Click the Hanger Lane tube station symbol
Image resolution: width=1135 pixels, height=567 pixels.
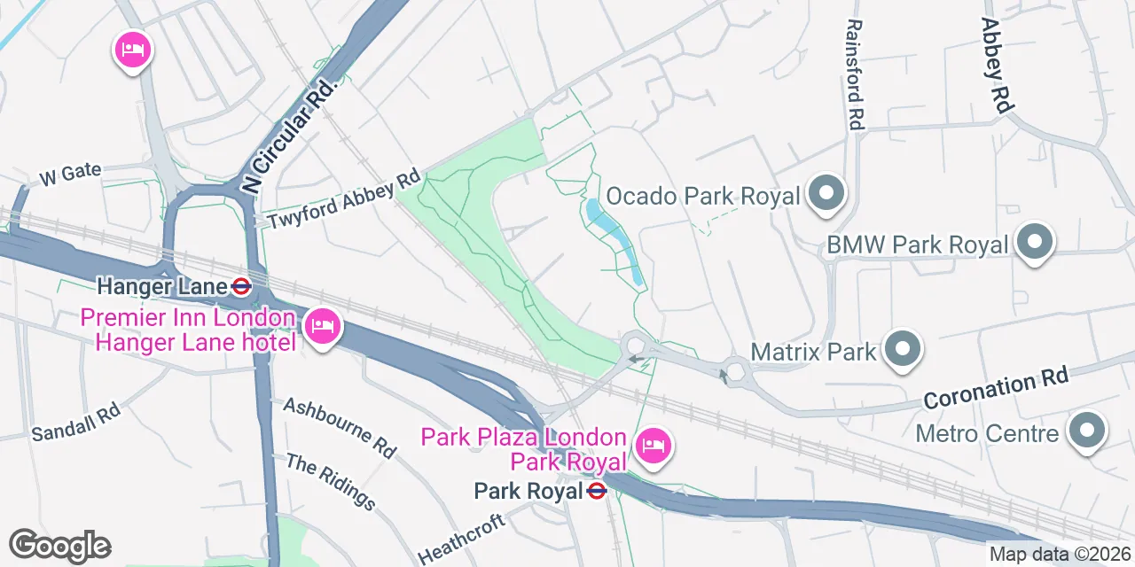point(240,286)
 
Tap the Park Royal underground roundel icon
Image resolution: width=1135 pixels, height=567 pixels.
point(597,490)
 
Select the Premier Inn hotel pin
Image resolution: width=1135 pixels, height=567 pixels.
point(321,326)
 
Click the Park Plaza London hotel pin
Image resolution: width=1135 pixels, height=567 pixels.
point(654,443)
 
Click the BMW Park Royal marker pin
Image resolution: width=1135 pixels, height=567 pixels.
point(1033,243)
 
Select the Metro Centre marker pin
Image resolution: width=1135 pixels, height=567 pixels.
point(1086,431)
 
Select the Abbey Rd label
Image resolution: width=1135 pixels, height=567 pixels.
point(997,64)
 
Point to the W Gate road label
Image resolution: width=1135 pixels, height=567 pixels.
point(70,174)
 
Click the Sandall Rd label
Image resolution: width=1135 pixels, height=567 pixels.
point(75,421)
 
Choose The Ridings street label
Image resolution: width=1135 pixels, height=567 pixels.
point(330,481)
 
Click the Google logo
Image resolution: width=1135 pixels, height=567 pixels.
point(59,545)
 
